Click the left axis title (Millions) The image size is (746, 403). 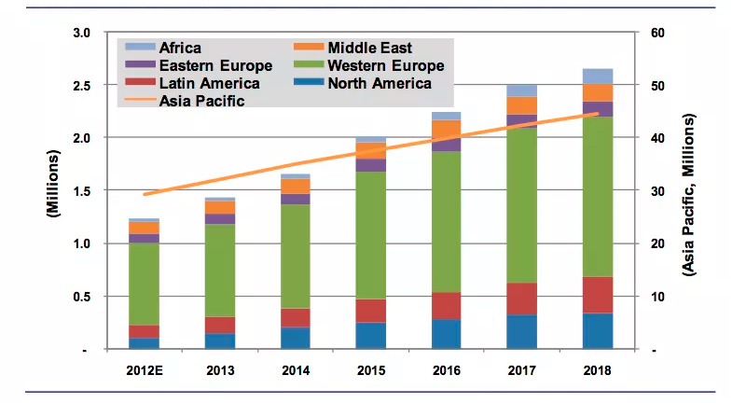pos(54,190)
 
